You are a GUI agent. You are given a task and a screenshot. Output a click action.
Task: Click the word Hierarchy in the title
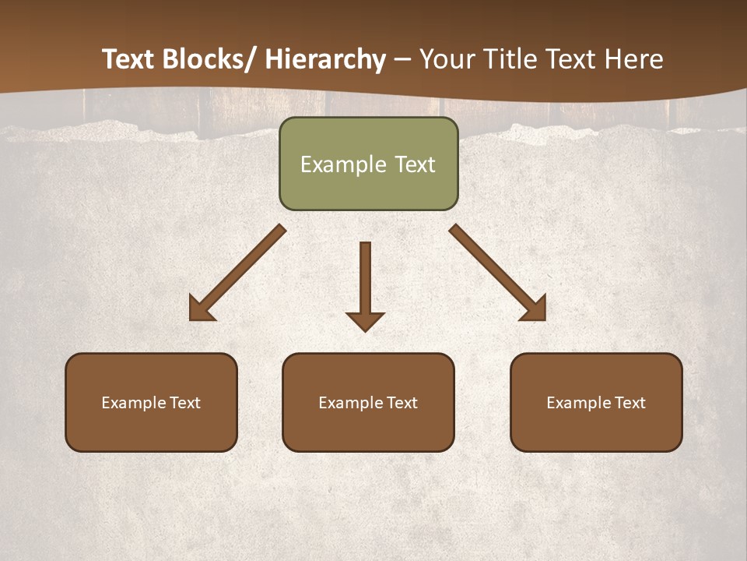point(325,59)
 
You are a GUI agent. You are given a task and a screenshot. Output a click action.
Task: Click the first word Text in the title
point(129,59)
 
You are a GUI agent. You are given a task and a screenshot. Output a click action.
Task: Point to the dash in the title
point(402,60)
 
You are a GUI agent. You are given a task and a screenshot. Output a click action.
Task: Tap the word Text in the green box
point(414,164)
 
